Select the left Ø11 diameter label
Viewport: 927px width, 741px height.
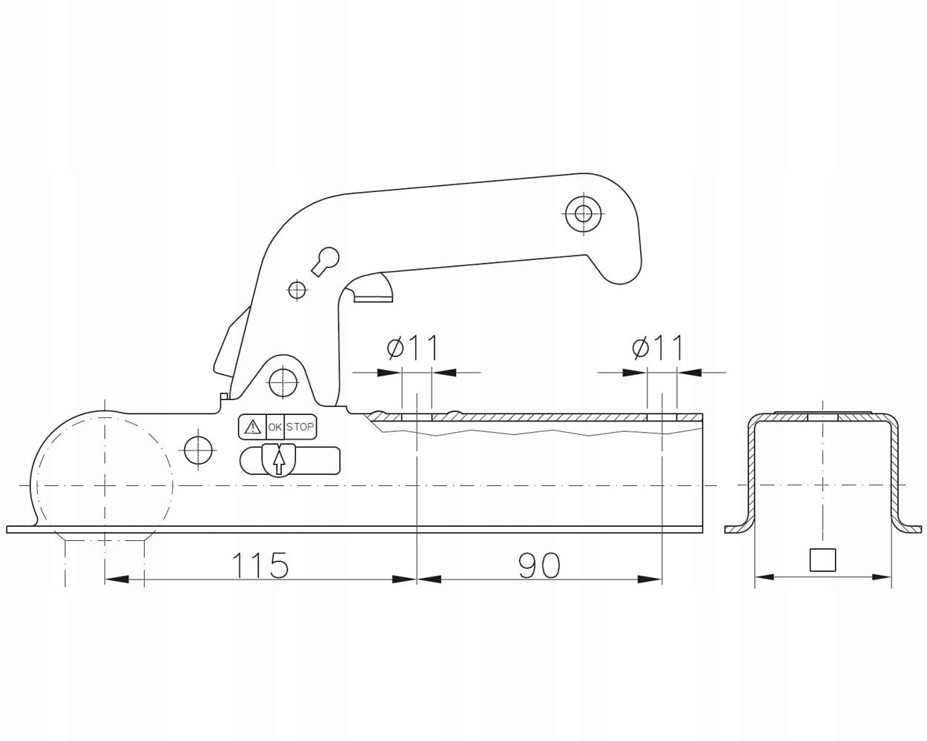point(412,347)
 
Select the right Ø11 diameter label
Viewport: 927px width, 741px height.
point(657,347)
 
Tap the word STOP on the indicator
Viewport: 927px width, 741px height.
point(300,427)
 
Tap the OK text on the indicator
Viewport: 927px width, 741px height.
point(275,428)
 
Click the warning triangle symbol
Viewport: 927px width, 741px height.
point(252,427)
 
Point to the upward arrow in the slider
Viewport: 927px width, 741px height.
point(279,461)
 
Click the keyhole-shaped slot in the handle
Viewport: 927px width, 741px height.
point(326,261)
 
